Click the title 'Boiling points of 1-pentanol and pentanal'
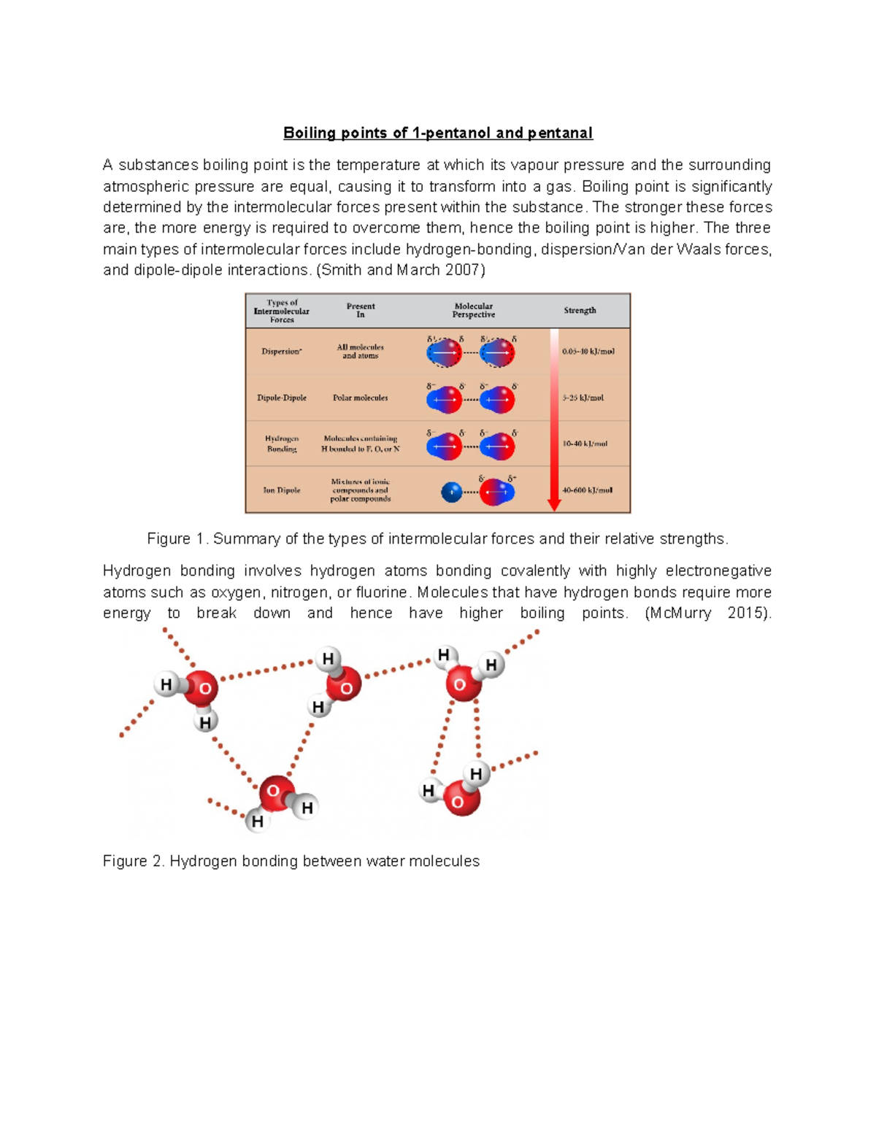tap(437, 133)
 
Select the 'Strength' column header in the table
tap(580, 310)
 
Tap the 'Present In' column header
tap(360, 310)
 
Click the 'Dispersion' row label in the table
tap(281, 352)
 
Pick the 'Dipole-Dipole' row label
tap(282, 398)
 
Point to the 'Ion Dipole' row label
tap(282, 490)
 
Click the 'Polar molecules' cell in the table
tap(360, 398)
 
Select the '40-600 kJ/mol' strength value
tap(587, 490)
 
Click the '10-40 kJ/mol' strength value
tap(585, 444)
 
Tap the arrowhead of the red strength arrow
tap(554, 505)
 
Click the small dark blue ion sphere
tap(452, 492)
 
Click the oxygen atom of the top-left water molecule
tap(202, 688)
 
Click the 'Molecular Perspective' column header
tap(473, 310)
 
